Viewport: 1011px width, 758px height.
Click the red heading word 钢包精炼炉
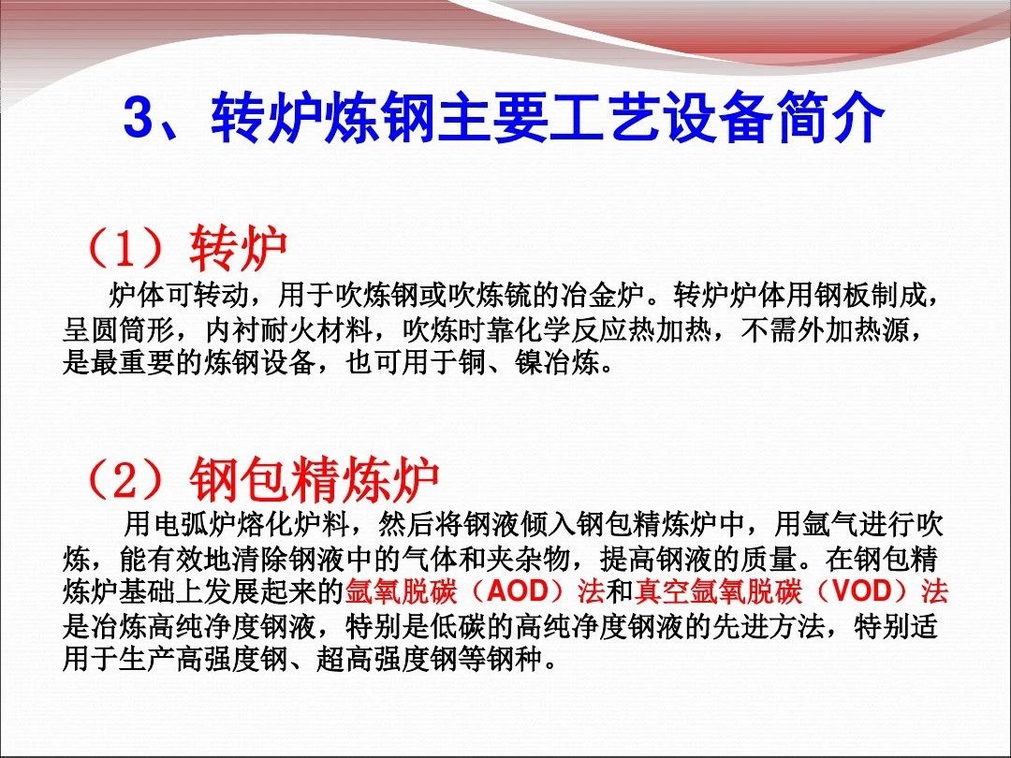click(x=314, y=480)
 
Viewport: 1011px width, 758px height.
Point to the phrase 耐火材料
click(x=316, y=330)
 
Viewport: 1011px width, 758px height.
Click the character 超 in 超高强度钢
click(x=330, y=660)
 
